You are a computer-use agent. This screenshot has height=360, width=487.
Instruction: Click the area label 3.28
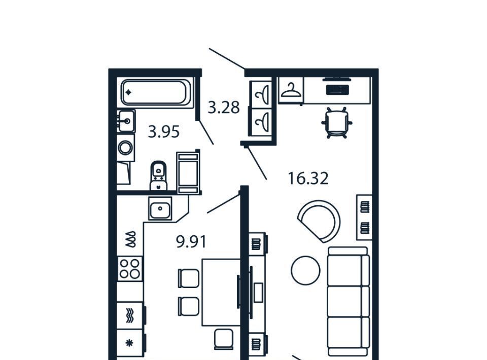click(224, 107)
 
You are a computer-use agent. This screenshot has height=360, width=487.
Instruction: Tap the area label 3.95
click(164, 132)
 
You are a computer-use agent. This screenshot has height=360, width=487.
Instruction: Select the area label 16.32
click(308, 178)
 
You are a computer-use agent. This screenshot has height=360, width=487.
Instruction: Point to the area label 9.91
click(191, 242)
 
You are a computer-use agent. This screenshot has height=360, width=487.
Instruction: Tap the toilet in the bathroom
click(158, 175)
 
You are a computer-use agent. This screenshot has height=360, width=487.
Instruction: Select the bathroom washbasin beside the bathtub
click(126, 121)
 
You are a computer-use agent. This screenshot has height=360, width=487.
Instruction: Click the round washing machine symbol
click(125, 148)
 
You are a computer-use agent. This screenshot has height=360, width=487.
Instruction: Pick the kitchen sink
click(160, 208)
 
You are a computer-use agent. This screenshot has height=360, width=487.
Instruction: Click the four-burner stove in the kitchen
click(130, 269)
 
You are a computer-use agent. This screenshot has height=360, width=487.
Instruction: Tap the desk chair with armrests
click(337, 123)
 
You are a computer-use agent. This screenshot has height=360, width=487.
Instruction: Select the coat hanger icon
click(290, 90)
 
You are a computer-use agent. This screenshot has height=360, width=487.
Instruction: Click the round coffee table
click(305, 270)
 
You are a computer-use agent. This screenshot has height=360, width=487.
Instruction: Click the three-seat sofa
click(349, 301)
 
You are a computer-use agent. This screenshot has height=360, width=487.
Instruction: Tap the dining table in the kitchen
click(221, 293)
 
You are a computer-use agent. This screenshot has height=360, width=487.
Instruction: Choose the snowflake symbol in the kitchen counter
click(129, 343)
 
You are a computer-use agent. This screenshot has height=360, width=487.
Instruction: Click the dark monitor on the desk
click(337, 90)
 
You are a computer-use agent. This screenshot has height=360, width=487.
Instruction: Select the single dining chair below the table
click(224, 339)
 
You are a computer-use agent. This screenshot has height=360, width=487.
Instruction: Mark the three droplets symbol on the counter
click(130, 239)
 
